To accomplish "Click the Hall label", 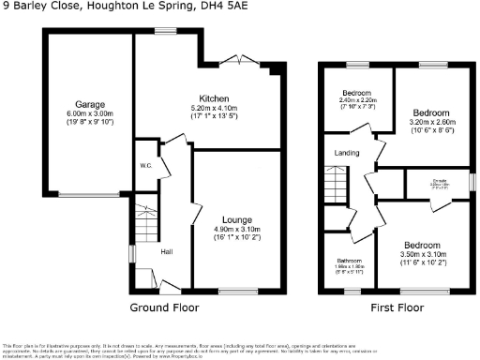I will (165, 251).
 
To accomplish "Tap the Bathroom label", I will (349, 261).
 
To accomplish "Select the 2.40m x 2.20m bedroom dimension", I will (355, 102).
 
